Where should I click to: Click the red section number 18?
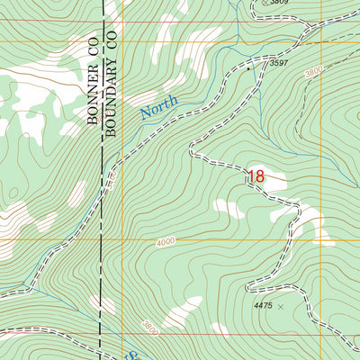click(256, 177)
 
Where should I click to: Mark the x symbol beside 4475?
click(280, 307)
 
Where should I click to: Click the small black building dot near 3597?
click(249, 67)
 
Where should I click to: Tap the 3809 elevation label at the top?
click(282, 3)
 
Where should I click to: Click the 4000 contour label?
click(166, 241)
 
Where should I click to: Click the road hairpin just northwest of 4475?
click(246, 286)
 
